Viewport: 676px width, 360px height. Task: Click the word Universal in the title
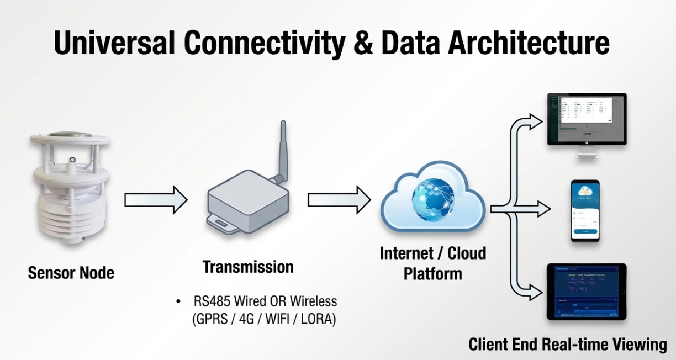[114, 43]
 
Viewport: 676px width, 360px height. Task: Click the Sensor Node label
[71, 273]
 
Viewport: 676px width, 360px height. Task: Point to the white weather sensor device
[69, 191]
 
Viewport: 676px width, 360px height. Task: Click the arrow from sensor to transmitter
[155, 199]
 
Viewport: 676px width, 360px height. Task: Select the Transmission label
[248, 267]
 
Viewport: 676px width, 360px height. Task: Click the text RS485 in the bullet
[212, 302]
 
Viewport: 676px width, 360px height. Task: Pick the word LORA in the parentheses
[317, 319]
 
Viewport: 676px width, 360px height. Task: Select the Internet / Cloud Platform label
[433, 263]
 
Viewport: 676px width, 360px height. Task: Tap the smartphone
[585, 210]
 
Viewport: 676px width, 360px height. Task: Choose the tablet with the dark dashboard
[587, 292]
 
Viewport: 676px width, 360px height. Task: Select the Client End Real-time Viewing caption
[568, 345]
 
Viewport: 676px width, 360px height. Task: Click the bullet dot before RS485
[178, 302]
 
